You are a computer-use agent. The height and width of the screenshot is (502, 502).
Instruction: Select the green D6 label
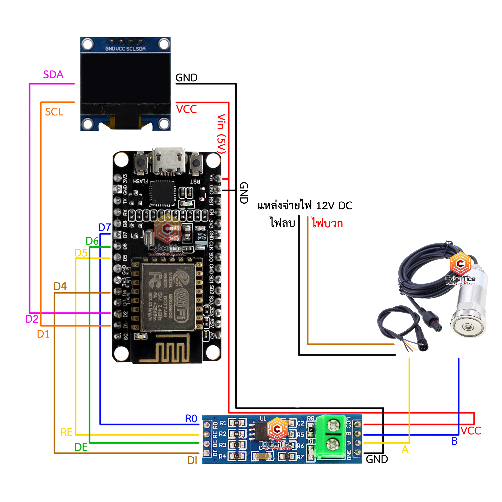92,241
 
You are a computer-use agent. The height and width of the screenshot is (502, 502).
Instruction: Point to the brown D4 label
60,286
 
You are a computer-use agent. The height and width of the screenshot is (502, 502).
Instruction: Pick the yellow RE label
66,432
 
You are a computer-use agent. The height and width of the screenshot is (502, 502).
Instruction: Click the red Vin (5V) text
221,134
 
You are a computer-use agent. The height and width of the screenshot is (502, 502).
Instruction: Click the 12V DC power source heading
305,206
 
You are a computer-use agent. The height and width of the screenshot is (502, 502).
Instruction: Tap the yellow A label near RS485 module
405,449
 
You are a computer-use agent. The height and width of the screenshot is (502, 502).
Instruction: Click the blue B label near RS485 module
454,441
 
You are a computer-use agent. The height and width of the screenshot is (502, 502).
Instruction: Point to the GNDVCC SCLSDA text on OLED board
125,49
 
